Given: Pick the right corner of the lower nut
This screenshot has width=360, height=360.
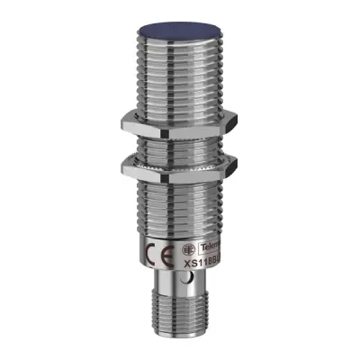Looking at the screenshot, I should pos(236,165).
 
